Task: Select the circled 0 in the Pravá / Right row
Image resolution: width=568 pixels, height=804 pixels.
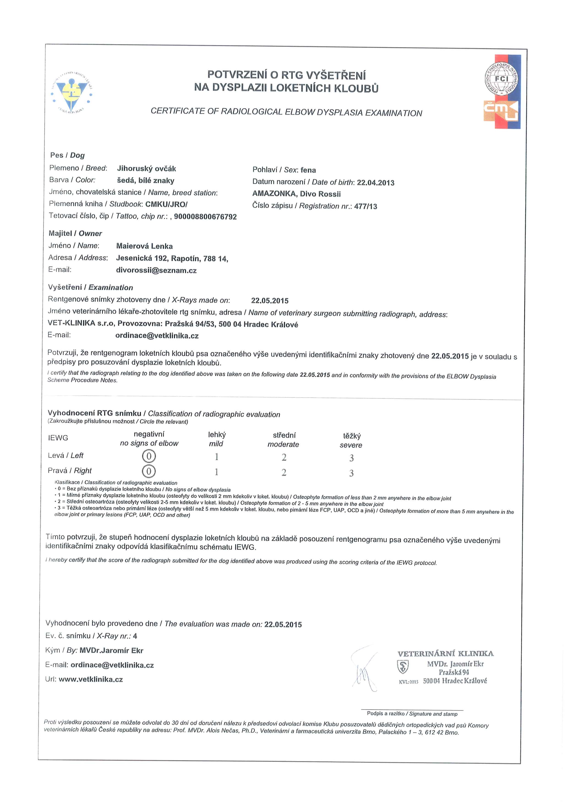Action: (x=149, y=471)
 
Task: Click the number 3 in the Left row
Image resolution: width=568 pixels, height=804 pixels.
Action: (x=351, y=458)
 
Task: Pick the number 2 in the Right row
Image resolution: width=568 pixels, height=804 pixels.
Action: (x=284, y=472)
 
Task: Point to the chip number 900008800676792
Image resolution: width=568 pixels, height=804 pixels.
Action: (x=205, y=217)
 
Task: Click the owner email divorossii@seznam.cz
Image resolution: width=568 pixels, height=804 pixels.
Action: (x=156, y=271)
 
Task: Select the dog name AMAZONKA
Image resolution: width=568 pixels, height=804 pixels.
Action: (x=274, y=194)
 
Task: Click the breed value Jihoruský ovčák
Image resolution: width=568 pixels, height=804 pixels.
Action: (x=146, y=169)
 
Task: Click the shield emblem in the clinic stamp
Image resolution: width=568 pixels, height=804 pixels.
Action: (x=403, y=667)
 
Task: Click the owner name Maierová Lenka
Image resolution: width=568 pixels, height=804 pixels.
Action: (x=144, y=246)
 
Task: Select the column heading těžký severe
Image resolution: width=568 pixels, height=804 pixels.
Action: (x=351, y=441)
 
